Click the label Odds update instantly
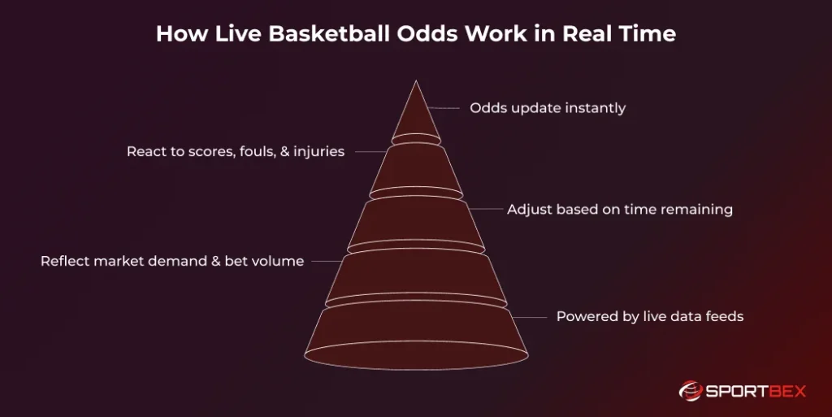click(x=548, y=108)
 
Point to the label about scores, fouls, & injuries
click(x=236, y=152)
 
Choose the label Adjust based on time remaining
click(x=620, y=210)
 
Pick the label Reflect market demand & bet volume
click(x=172, y=262)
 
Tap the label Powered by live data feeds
click(x=649, y=316)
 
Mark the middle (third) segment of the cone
click(x=416, y=221)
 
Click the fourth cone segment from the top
click(x=416, y=276)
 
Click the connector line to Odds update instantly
click(x=444, y=108)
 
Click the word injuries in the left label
click(x=319, y=152)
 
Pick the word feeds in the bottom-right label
click(x=725, y=316)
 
